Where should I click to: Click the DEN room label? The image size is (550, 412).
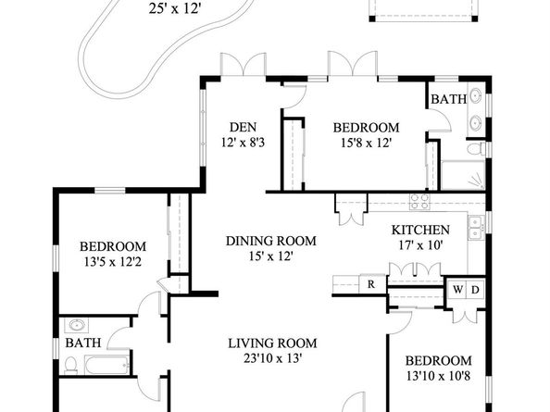tap(243, 127)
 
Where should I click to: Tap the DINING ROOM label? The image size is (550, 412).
tap(270, 242)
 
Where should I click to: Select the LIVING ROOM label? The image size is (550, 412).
tap(272, 343)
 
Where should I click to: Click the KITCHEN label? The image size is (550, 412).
tap(420, 230)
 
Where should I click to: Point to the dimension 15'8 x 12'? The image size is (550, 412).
tap(366, 143)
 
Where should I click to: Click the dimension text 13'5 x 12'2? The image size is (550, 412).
tap(113, 262)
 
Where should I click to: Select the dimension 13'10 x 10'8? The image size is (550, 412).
tap(439, 376)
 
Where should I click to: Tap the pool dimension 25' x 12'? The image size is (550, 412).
tap(174, 8)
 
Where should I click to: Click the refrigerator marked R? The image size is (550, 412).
tap(372, 283)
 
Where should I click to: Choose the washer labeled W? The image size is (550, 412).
tap(457, 290)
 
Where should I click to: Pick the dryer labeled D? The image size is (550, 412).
tap(475, 290)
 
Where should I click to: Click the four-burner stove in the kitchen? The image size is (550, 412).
tap(419, 202)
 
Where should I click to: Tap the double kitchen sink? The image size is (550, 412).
tap(476, 228)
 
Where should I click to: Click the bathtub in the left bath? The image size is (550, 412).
tap(106, 365)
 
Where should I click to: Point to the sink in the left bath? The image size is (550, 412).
tap(77, 325)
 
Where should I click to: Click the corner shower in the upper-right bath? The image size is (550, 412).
tap(463, 175)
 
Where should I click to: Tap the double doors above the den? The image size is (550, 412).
tap(244, 64)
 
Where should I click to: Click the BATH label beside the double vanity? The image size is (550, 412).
tap(449, 99)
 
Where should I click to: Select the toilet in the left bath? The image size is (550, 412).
tap(71, 365)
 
